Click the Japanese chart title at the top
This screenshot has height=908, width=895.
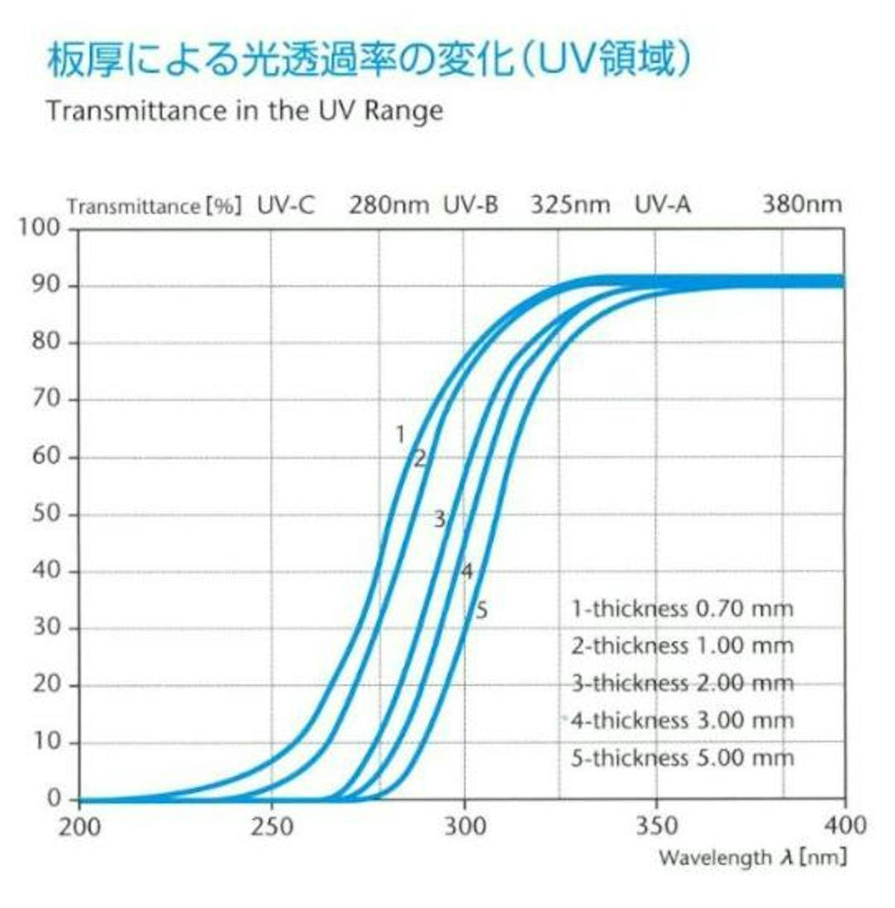pyautogui.click(x=369, y=60)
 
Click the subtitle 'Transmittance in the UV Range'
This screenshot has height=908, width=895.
pyautogui.click(x=245, y=111)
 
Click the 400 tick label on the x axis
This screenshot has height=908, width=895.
pyautogui.click(x=844, y=825)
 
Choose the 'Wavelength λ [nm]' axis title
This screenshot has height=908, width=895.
pyautogui.click(x=753, y=857)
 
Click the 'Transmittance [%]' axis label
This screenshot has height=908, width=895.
pyautogui.click(x=154, y=206)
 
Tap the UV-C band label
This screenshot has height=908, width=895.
pyautogui.click(x=286, y=205)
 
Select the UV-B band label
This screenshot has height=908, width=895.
pyautogui.click(x=471, y=205)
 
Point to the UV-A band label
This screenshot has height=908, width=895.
pyautogui.click(x=662, y=205)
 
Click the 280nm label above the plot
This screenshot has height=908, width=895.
pyautogui.click(x=389, y=205)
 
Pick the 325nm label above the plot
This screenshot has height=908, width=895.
pyautogui.click(x=571, y=205)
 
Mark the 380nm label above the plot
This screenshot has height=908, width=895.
pyautogui.click(x=802, y=205)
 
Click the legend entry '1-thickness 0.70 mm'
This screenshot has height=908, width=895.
pyautogui.click(x=682, y=609)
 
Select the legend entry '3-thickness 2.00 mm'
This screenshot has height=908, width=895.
pyautogui.click(x=682, y=683)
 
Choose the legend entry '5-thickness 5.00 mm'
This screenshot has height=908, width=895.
pyautogui.click(x=682, y=758)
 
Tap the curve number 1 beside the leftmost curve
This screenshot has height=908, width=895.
pyautogui.click(x=400, y=435)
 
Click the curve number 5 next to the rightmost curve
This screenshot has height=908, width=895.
pyautogui.click(x=482, y=611)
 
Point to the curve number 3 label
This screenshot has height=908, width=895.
pyautogui.click(x=439, y=519)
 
